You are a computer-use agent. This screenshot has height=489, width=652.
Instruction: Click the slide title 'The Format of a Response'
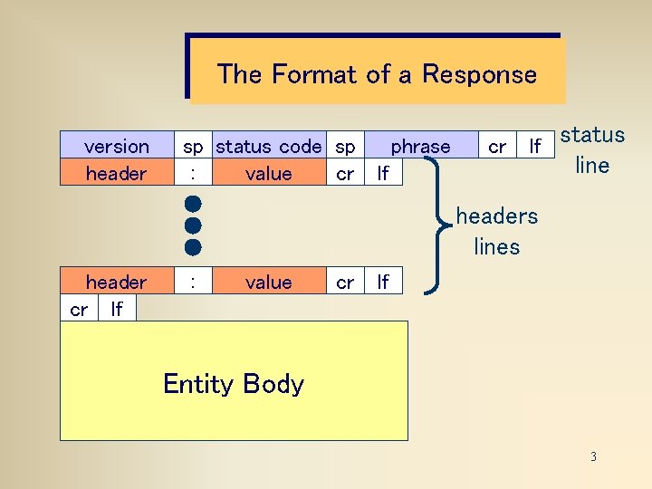(x=376, y=73)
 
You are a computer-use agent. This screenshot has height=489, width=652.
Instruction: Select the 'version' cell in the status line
(x=116, y=146)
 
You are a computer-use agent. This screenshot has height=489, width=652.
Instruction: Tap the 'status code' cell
(x=268, y=146)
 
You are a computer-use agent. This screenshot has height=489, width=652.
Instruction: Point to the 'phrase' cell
(x=420, y=146)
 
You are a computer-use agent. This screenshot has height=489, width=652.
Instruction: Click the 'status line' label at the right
(x=592, y=150)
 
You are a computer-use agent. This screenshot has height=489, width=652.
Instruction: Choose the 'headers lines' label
(x=496, y=231)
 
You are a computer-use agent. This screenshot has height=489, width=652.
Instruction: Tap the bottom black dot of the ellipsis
(x=192, y=246)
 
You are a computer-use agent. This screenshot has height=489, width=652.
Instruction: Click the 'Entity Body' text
(x=234, y=384)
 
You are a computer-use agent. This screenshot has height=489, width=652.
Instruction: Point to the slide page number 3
(x=593, y=456)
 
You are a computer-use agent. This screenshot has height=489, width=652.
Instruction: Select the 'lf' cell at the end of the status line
(x=535, y=146)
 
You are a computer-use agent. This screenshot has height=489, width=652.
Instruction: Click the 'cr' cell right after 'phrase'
(x=497, y=146)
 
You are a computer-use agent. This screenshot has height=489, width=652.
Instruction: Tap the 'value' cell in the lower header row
(x=268, y=283)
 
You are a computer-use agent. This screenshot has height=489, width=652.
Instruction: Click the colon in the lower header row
(x=192, y=283)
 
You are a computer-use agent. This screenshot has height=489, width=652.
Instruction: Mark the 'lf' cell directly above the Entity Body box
(x=116, y=310)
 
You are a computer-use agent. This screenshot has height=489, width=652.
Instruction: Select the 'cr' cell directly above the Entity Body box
(x=79, y=310)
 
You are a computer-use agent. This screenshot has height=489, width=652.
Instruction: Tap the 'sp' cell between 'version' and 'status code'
(x=193, y=146)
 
